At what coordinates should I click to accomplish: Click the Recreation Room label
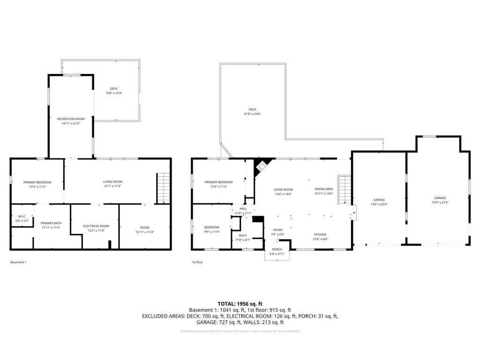[71, 119]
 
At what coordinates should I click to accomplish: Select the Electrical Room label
[96, 226]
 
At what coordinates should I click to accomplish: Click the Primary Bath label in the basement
[51, 223]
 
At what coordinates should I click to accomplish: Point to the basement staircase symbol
[162, 187]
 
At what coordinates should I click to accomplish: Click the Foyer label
[277, 230]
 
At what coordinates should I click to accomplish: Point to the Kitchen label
[321, 234]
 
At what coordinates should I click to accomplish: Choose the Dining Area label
[323, 189]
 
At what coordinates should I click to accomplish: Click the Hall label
[243, 209]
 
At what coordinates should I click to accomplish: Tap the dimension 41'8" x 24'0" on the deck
[252, 114]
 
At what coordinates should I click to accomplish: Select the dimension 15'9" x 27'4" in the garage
[439, 203]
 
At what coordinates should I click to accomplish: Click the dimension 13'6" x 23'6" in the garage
[379, 204]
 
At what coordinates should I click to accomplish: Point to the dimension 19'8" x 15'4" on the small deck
[114, 93]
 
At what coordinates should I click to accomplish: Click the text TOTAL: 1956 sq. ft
[240, 303]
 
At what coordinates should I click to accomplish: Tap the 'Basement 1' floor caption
[18, 262]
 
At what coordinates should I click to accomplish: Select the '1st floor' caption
[197, 262]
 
